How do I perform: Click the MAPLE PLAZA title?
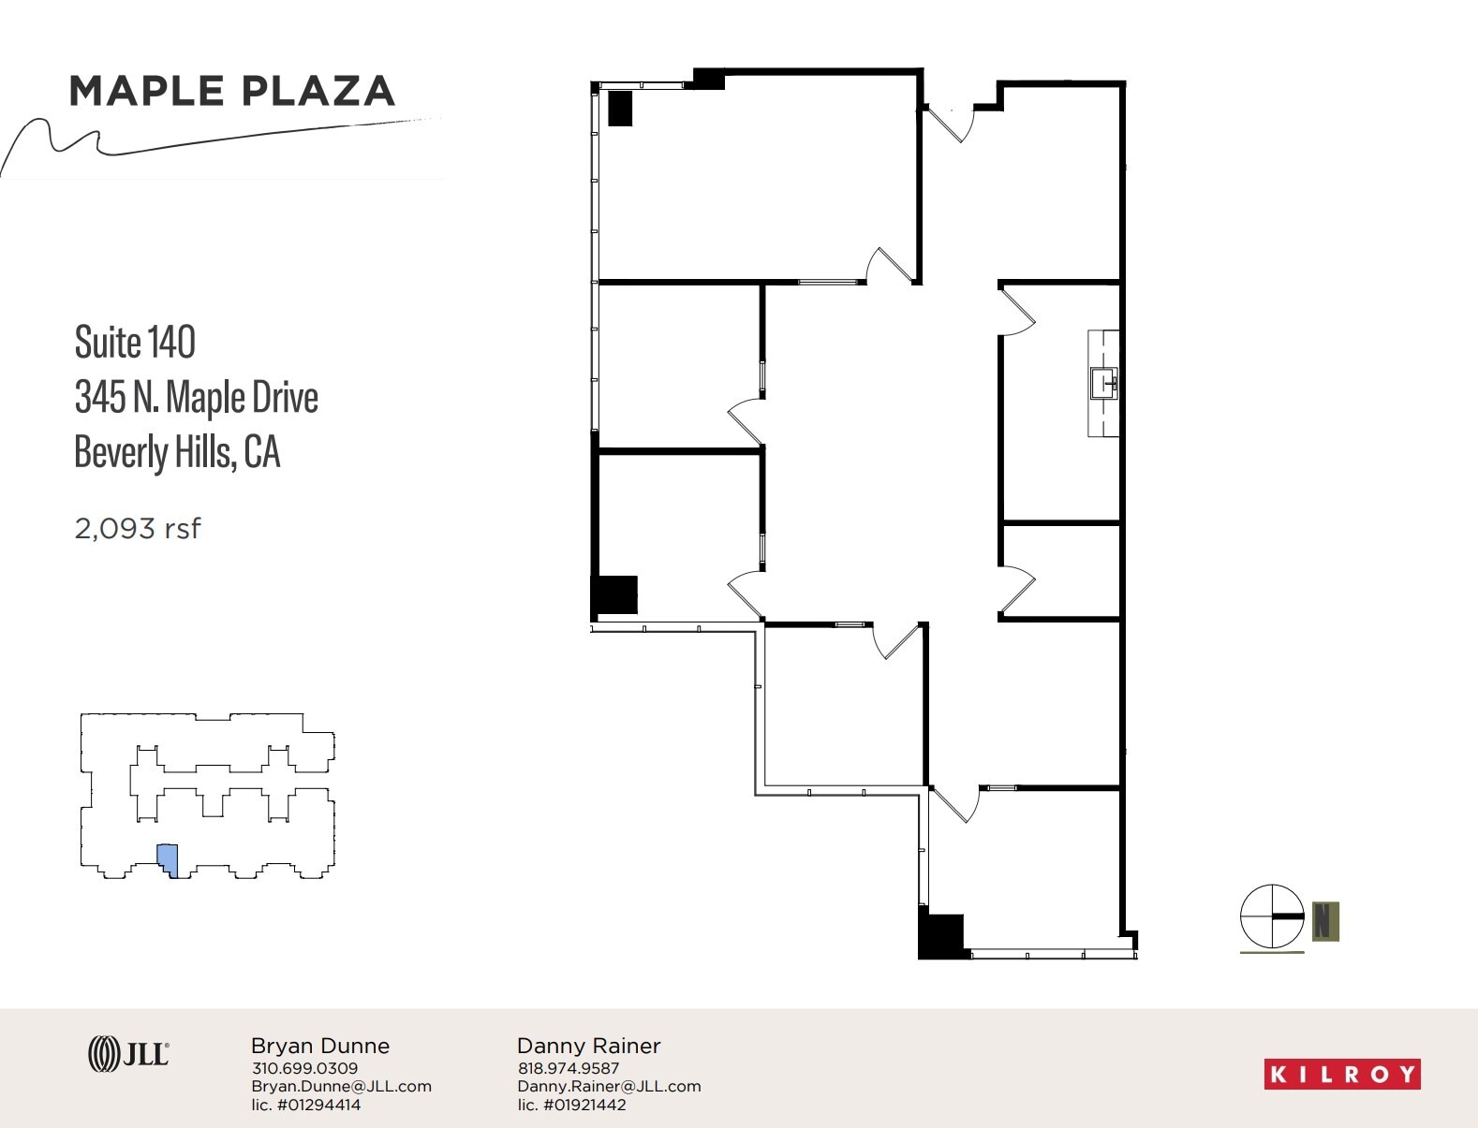coord(231,91)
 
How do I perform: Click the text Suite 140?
coord(135,343)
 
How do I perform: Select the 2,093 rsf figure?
coord(138,529)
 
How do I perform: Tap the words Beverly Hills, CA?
coord(177,452)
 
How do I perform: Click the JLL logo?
coord(128,1055)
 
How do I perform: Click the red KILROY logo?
coord(1341,1075)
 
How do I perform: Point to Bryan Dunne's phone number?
coord(304,1068)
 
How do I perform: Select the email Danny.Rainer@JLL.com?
coord(609,1086)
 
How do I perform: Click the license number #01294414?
coord(305,1105)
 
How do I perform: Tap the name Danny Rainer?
coord(588,1046)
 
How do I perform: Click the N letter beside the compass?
coord(1324,920)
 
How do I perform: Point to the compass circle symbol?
coord(1271,916)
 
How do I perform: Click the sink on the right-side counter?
coord(1103,384)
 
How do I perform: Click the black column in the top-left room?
coord(620,109)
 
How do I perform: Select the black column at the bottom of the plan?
coord(941,936)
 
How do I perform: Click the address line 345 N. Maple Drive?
coord(196,398)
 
